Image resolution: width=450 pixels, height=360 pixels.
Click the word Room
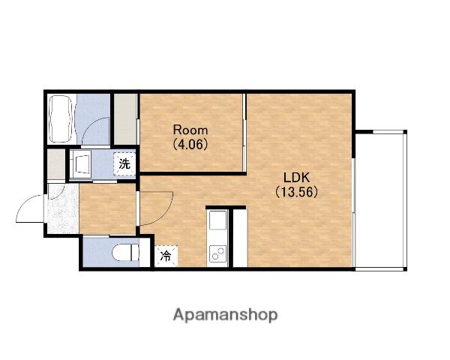click(x=190, y=130)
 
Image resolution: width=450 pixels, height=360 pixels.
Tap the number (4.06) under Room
click(x=190, y=145)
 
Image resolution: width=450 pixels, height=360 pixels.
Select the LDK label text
click(x=296, y=178)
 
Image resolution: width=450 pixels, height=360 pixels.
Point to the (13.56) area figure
click(x=296, y=192)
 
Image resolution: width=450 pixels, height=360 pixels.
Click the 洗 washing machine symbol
click(x=124, y=164)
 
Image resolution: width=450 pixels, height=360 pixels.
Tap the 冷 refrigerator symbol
click(x=166, y=256)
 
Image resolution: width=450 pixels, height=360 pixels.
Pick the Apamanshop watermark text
click(x=225, y=316)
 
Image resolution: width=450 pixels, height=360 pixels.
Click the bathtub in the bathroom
click(x=61, y=118)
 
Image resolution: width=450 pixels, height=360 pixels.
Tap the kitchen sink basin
click(x=217, y=220)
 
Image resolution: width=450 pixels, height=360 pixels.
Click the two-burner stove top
click(x=217, y=253)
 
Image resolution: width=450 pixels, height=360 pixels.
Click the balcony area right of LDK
click(x=379, y=201)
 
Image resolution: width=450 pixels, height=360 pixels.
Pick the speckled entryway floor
click(x=63, y=208)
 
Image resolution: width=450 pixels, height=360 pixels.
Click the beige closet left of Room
click(x=125, y=119)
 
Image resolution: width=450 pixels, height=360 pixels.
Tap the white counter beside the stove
click(x=240, y=238)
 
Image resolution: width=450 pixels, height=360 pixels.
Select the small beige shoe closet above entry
click(x=56, y=164)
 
